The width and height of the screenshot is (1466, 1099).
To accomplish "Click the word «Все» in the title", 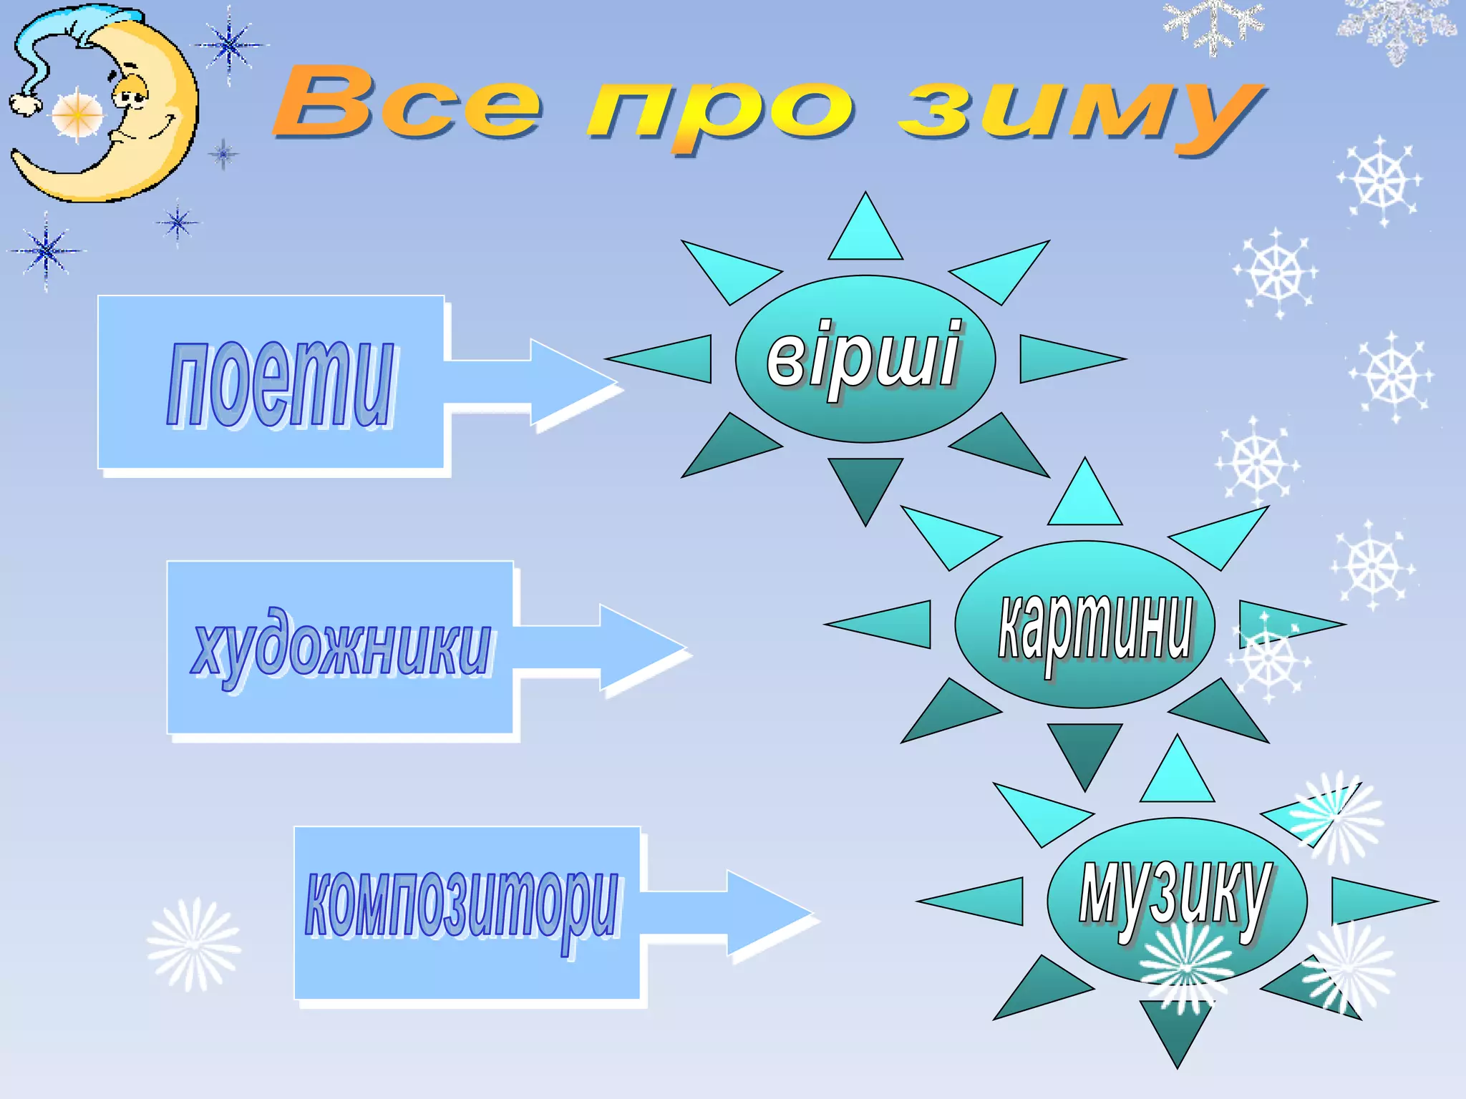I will (407, 104).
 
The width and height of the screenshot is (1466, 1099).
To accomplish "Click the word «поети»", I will (281, 384).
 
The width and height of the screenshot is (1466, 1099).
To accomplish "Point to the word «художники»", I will (341, 646).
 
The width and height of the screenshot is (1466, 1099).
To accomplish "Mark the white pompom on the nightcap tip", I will (26, 104).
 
